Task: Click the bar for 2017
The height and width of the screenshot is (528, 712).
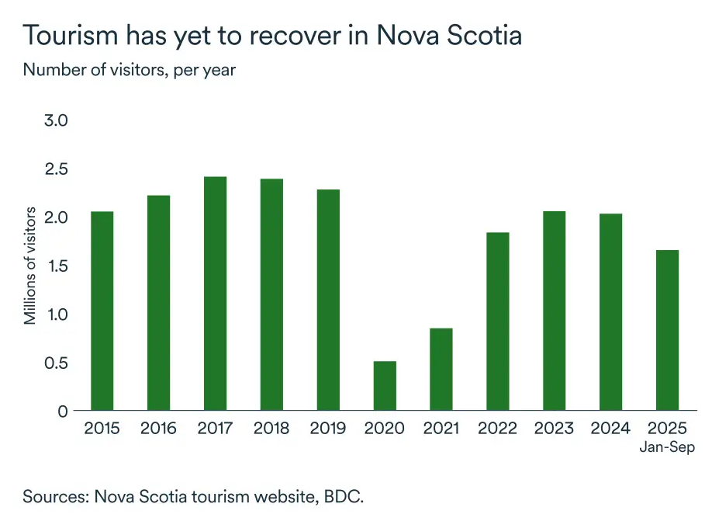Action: click(x=216, y=294)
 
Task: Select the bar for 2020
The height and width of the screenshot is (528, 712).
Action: click(x=385, y=386)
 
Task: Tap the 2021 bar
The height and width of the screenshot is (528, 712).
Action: click(x=441, y=370)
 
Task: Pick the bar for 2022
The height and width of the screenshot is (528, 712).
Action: click(x=498, y=321)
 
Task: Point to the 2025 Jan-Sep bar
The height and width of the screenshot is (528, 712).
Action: click(x=668, y=330)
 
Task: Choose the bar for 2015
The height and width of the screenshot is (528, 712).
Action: click(x=102, y=311)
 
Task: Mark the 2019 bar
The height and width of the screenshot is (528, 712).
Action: click(x=328, y=300)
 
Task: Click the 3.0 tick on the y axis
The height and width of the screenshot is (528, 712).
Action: click(x=56, y=120)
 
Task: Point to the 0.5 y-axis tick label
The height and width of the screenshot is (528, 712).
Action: click(x=56, y=363)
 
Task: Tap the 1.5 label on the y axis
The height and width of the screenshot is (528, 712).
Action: click(x=57, y=266)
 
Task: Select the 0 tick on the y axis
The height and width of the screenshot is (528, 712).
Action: click(x=63, y=412)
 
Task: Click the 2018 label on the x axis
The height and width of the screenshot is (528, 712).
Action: click(x=271, y=429)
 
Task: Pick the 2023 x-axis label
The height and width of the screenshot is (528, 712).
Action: click(x=554, y=429)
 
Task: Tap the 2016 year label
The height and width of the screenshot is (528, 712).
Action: click(x=158, y=429)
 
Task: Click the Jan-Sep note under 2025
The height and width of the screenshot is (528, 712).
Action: click(x=668, y=447)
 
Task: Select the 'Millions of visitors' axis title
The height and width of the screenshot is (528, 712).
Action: click(x=30, y=266)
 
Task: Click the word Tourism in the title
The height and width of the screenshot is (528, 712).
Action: click(x=71, y=35)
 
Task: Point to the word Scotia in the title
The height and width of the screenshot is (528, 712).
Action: click(x=485, y=35)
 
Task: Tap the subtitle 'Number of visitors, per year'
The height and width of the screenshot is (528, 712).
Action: click(x=130, y=70)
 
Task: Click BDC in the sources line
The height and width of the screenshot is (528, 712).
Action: click(x=344, y=496)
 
